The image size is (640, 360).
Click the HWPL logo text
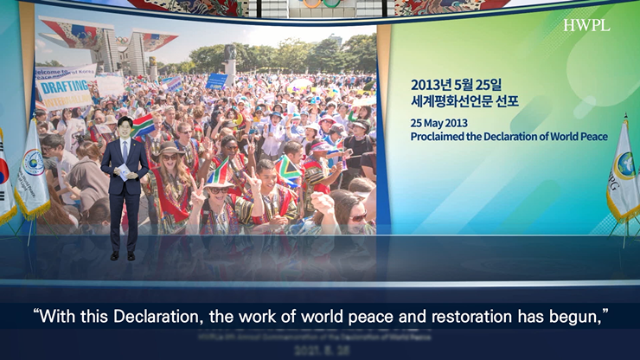pos(586,25)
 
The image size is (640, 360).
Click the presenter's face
pos(125,127)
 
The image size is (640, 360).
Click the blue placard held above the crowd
pos(216,80)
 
